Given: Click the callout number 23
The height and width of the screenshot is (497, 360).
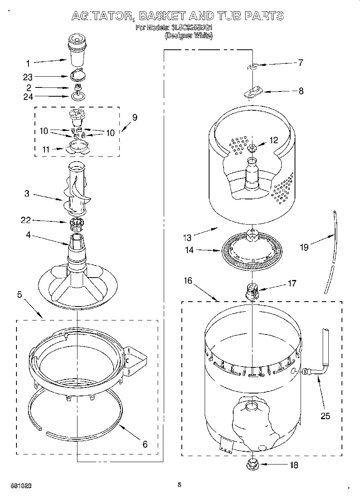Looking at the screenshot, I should pyautogui.click(x=28, y=77).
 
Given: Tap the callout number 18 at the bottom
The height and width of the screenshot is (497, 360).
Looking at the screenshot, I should pyautogui.click(x=294, y=465).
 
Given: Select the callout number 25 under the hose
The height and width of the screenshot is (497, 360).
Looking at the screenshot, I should pyautogui.click(x=325, y=416).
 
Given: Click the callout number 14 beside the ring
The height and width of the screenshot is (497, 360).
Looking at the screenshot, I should pyautogui.click(x=189, y=250).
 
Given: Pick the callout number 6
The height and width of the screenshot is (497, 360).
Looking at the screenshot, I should pyautogui.click(x=145, y=444).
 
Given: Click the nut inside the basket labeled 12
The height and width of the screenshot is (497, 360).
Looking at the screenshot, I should pyautogui.click(x=252, y=148).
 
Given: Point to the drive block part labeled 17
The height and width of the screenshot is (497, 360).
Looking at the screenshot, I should pyautogui.click(x=251, y=291).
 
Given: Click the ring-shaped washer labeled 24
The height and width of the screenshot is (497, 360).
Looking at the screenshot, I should pyautogui.click(x=77, y=96).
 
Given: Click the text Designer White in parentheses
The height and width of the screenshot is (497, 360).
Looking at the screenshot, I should pyautogui.click(x=189, y=35).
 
